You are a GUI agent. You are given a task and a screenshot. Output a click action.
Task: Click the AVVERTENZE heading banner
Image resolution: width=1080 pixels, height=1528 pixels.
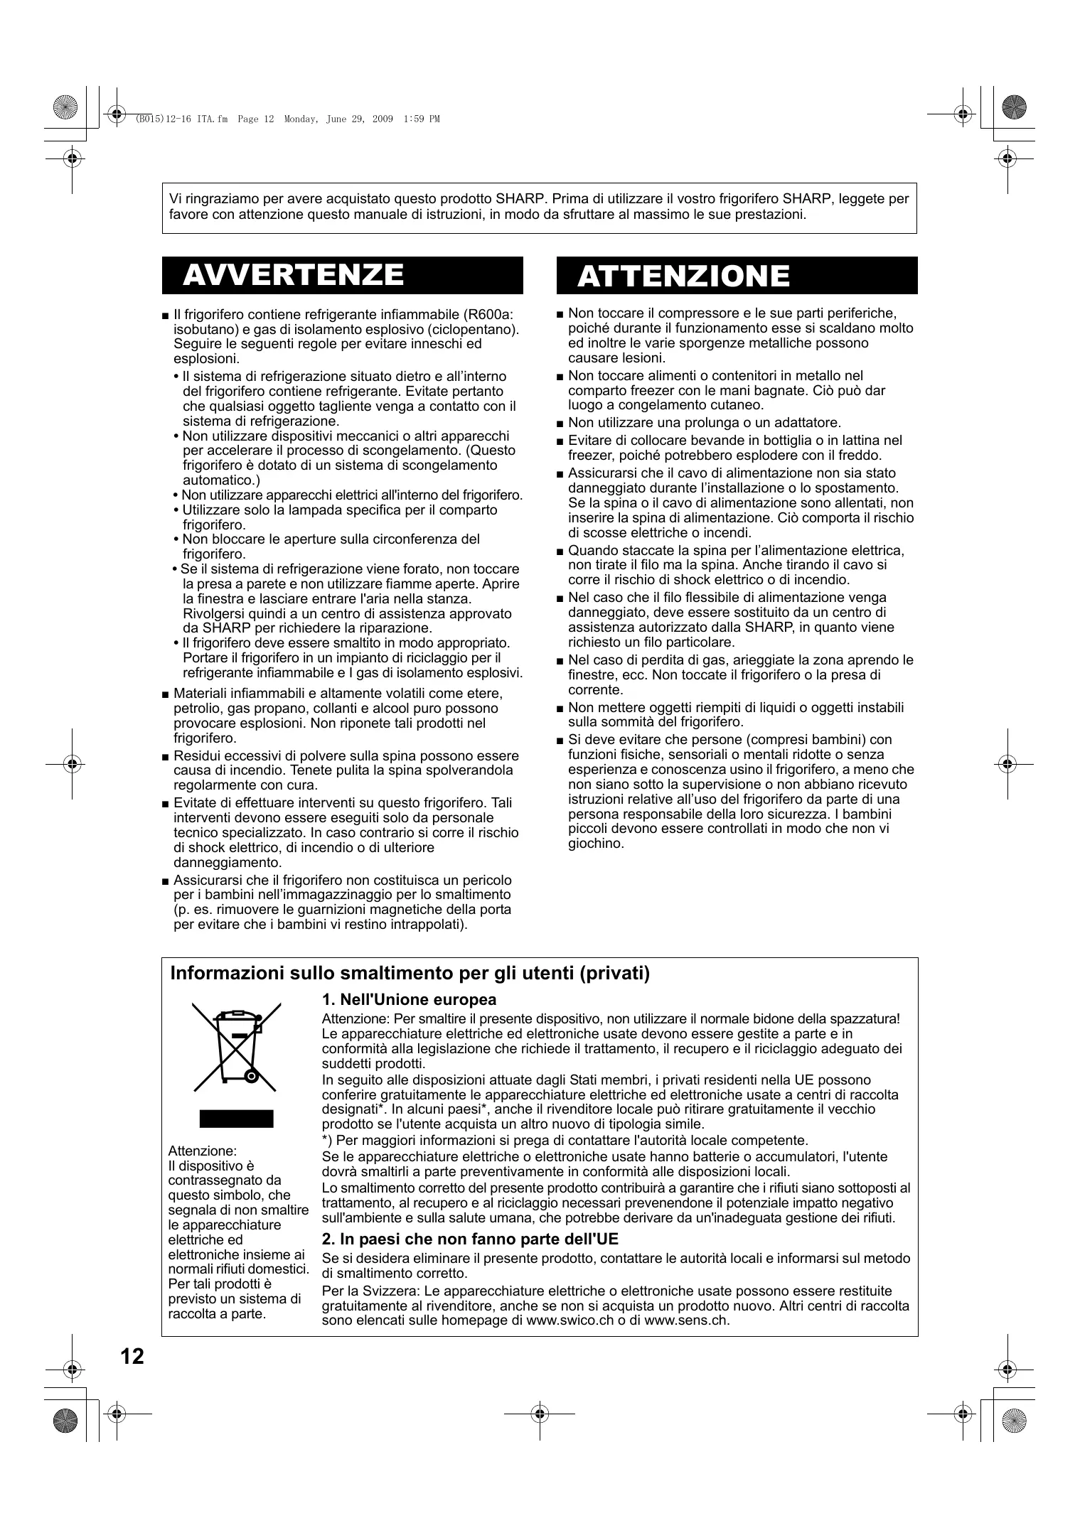342,275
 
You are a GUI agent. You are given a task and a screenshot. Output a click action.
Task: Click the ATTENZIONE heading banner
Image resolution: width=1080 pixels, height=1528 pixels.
737,276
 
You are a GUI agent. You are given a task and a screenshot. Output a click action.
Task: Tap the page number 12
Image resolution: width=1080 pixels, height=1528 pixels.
132,1357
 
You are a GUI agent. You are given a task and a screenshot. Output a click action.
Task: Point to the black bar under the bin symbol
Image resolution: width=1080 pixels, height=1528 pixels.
236,1119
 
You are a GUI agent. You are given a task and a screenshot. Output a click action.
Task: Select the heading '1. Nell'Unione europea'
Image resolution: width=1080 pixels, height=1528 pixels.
409,1000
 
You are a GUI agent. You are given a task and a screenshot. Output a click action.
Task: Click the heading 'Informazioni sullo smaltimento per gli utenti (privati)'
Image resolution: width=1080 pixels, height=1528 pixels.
410,973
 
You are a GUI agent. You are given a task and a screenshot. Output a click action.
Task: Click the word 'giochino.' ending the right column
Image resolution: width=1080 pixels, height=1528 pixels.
596,844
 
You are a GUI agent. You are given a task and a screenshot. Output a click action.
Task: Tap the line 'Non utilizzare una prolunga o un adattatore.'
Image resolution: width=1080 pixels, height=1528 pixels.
704,423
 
